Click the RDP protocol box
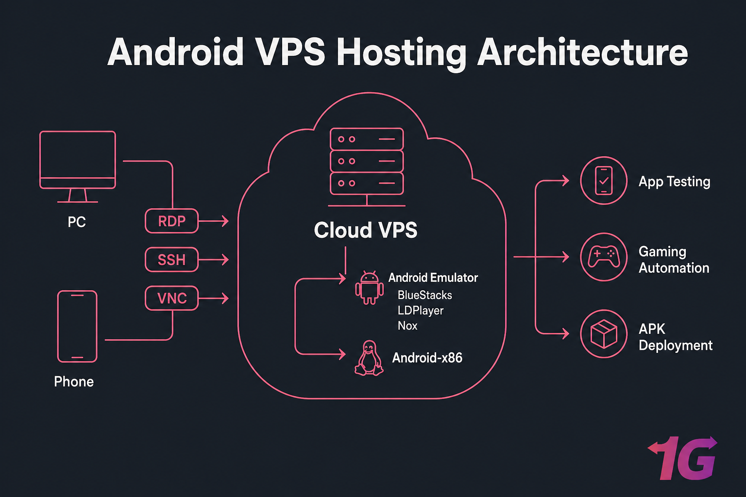point(172,221)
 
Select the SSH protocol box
point(172,260)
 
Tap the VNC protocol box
point(172,298)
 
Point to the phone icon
point(77,326)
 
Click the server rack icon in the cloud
point(367,163)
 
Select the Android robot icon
point(369,288)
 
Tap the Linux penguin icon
point(369,358)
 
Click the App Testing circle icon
point(604,181)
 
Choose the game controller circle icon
point(604,257)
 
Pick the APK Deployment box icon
point(604,334)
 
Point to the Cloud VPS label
point(365,230)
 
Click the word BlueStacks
point(424,295)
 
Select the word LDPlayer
point(421,311)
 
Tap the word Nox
point(407,326)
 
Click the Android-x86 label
point(427,358)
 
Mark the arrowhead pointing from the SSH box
point(225,260)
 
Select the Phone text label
point(74,381)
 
